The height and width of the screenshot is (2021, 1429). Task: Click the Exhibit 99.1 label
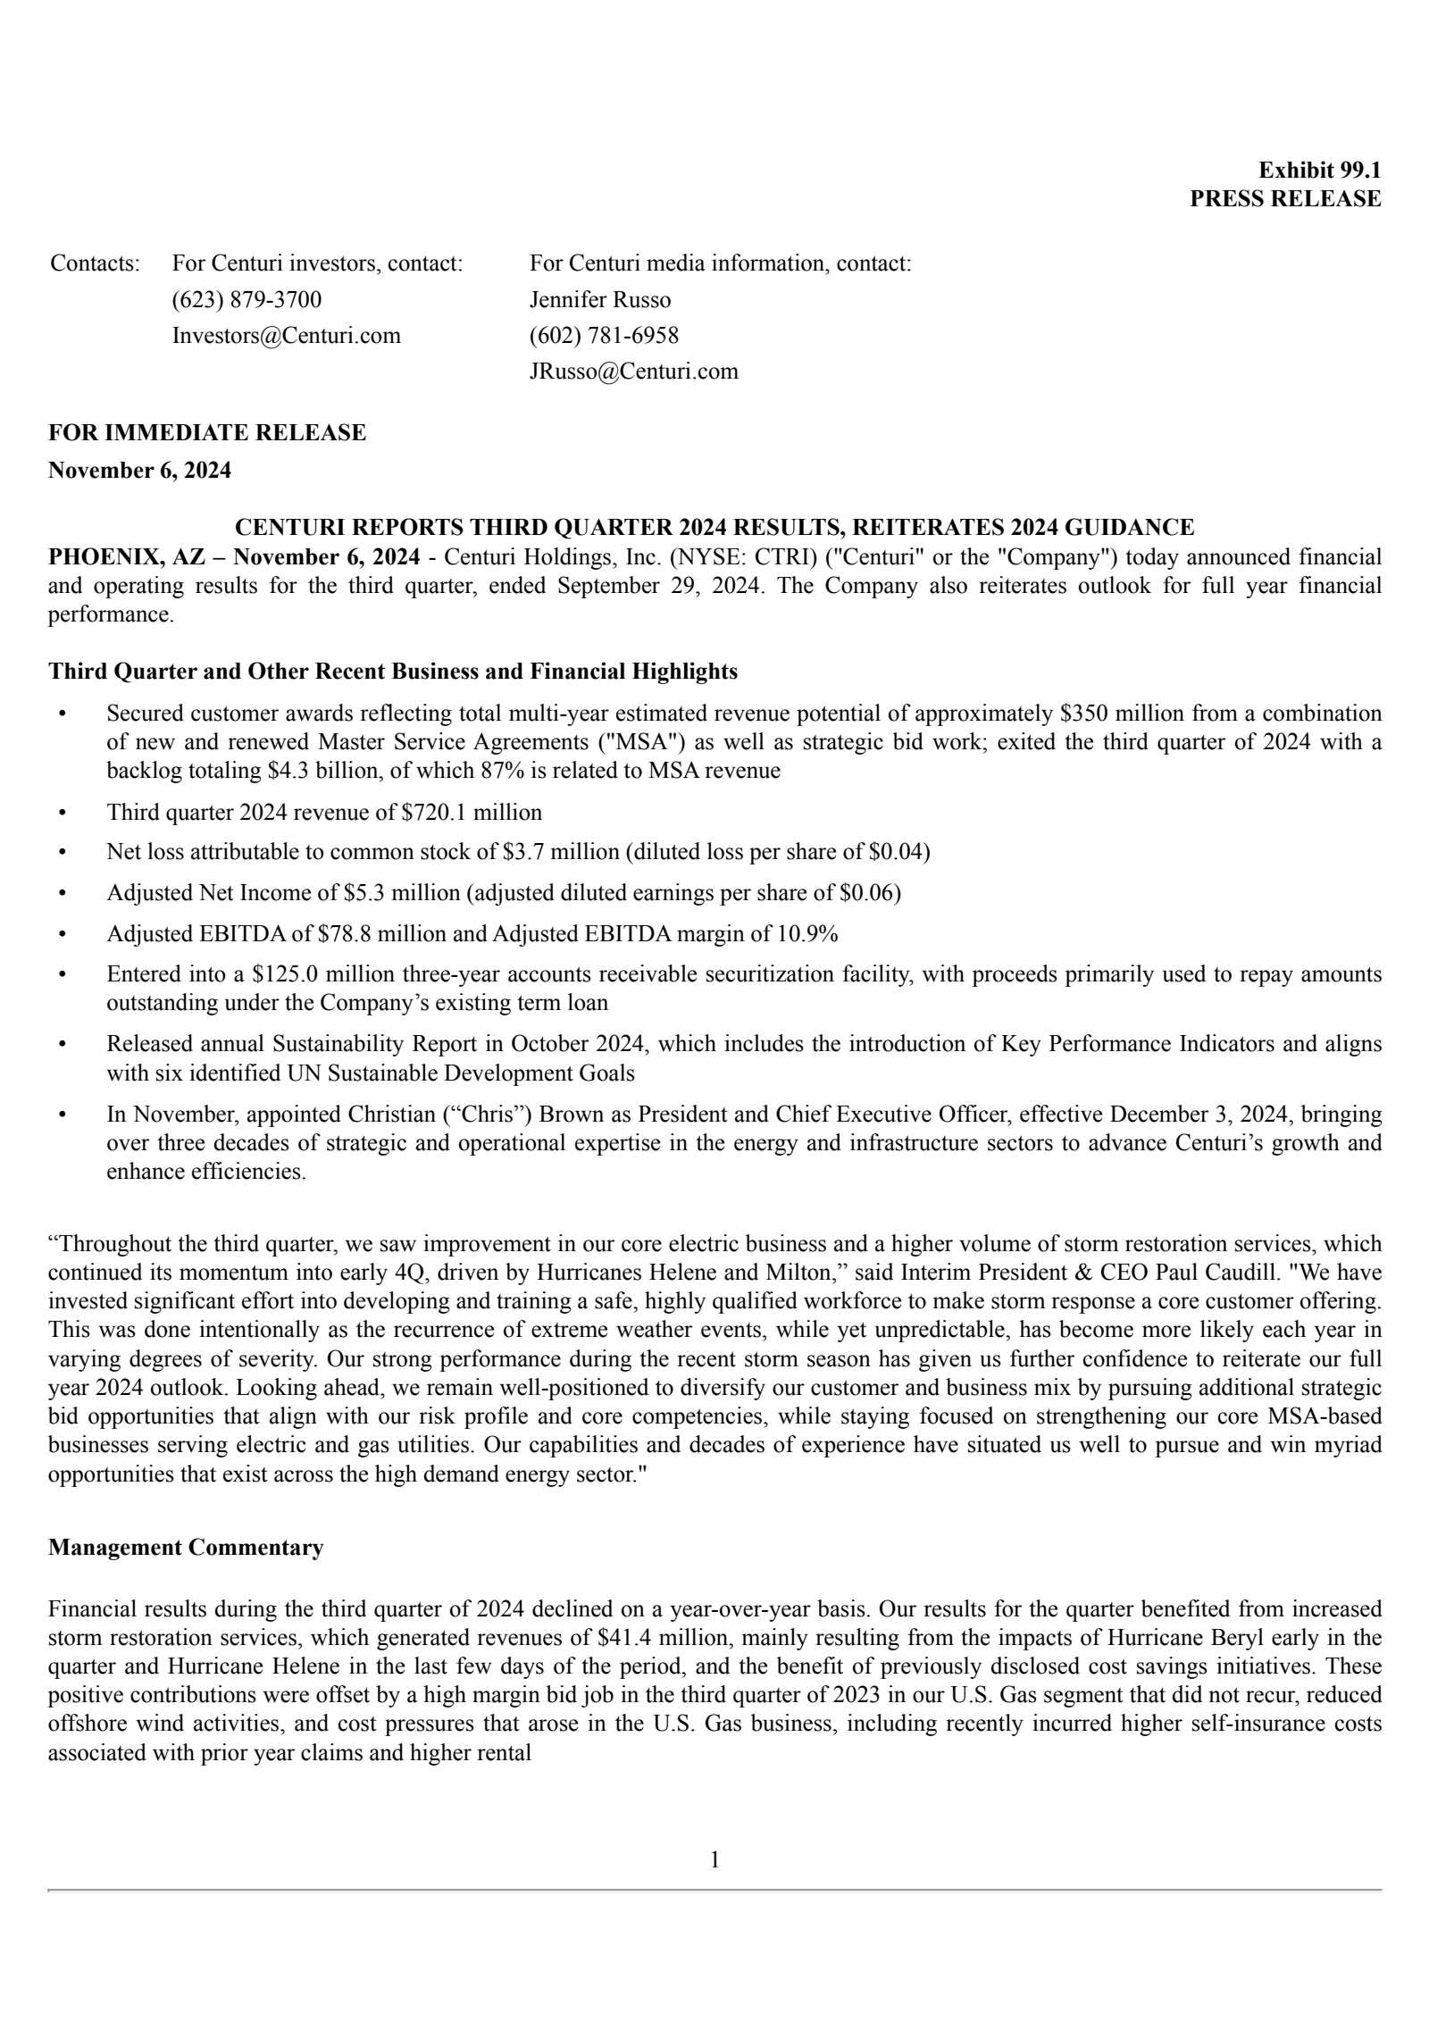pos(1318,170)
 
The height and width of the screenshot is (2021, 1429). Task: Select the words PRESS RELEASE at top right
pos(1284,199)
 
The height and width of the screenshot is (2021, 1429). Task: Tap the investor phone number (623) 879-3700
pos(247,299)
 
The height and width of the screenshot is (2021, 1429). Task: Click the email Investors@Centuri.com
pos(286,336)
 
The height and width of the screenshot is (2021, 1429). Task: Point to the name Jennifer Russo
pos(599,299)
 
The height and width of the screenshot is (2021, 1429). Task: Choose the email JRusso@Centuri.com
pos(633,372)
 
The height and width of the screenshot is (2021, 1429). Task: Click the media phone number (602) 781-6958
pos(604,336)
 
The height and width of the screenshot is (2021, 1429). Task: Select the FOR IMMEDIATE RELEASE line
pos(207,433)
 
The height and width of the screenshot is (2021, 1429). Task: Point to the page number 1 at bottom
pos(714,1860)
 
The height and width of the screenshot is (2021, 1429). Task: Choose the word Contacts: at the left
pos(95,263)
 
